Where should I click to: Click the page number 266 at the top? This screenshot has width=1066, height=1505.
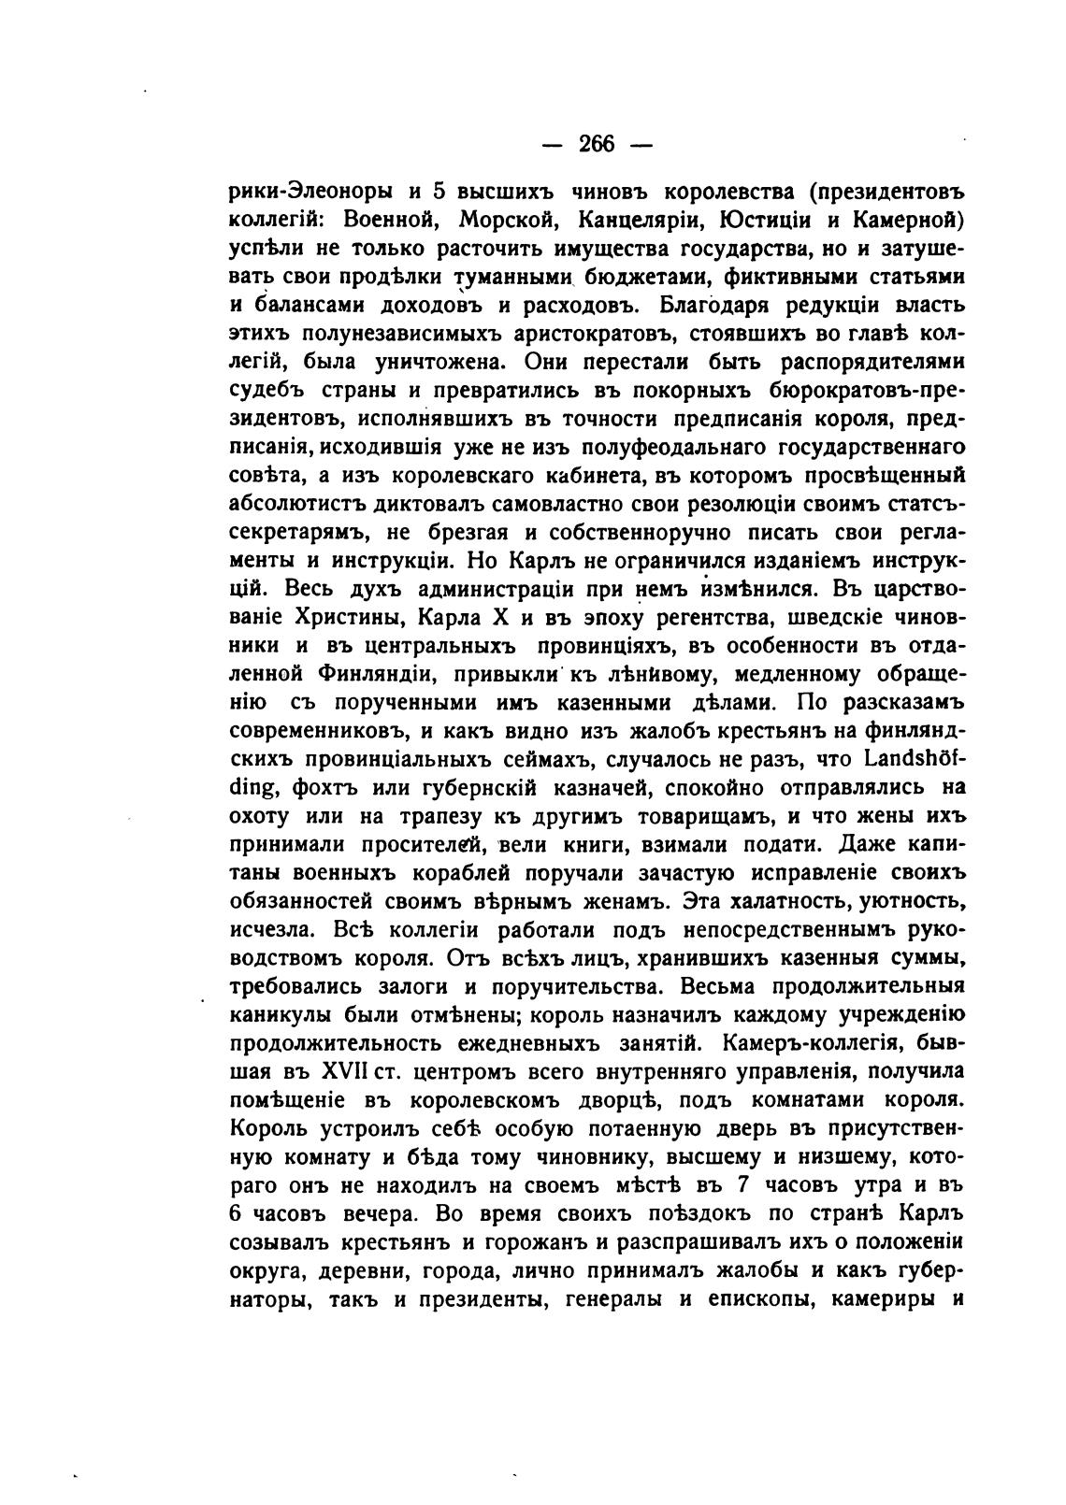597,143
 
